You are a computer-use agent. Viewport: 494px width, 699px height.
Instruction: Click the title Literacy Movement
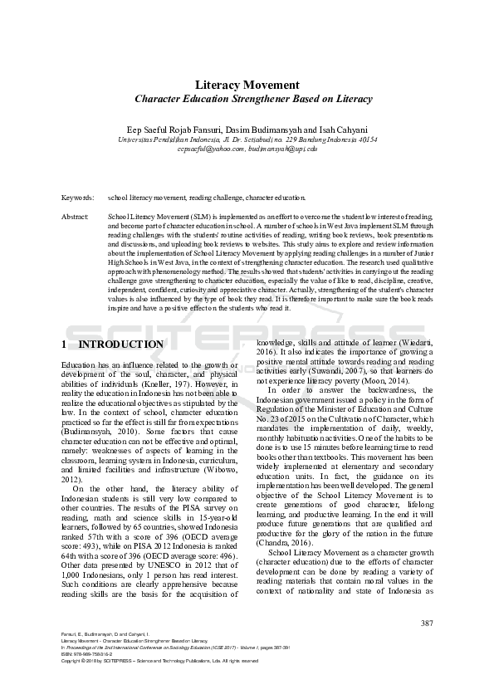point(247,85)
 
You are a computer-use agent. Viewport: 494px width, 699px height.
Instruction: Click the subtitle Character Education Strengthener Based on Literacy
point(247,99)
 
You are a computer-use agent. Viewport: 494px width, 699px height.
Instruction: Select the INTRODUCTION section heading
point(120,345)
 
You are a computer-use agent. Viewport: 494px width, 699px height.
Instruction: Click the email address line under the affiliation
point(247,149)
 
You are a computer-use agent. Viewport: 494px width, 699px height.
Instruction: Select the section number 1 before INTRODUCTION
point(66,345)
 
